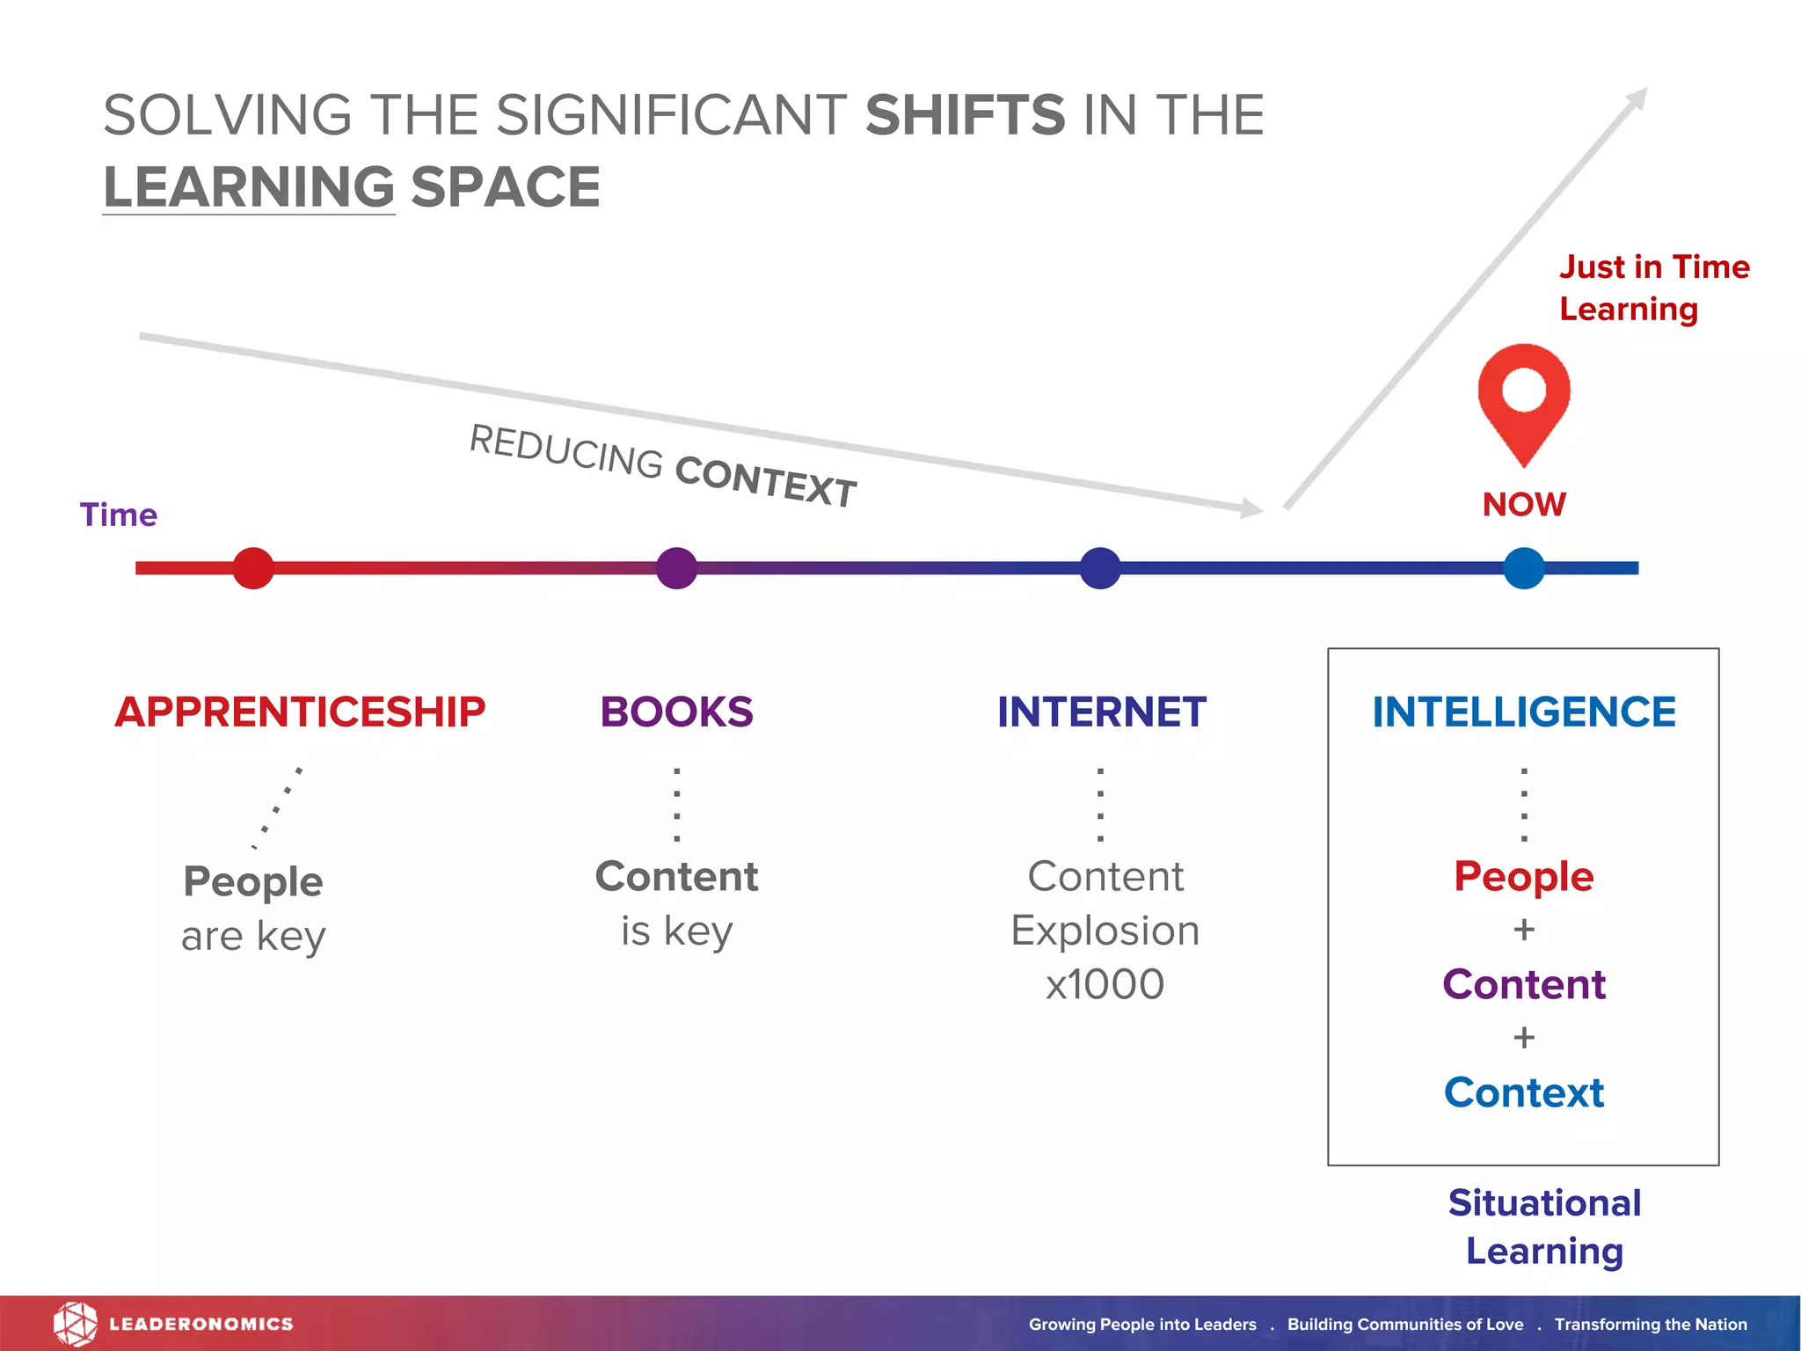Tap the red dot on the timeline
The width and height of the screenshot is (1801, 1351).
coord(253,568)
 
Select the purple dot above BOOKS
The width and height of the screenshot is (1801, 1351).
coord(676,568)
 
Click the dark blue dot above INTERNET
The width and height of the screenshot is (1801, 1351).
coord(1100,568)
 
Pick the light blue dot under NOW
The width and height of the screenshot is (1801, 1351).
coord(1524,568)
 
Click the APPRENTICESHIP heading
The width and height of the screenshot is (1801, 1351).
coord(300,712)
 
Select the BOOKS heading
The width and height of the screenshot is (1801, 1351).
coord(676,712)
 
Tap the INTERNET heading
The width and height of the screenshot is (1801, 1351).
coord(1101,712)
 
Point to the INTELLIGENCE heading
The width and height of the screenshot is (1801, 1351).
coord(1524,712)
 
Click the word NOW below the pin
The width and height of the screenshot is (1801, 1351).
coord(1524,505)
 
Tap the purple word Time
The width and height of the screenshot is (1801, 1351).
coord(119,515)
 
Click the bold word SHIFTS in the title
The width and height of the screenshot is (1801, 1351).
coord(965,115)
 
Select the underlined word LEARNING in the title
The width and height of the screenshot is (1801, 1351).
coord(249,187)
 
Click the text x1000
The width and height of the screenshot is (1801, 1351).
coord(1105,984)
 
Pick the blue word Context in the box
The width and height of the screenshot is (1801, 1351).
coord(1524,1092)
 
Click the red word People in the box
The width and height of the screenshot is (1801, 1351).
coord(1524,877)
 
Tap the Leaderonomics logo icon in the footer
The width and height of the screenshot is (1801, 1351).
coord(75,1324)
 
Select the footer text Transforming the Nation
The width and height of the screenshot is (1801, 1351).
coord(1651,1325)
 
